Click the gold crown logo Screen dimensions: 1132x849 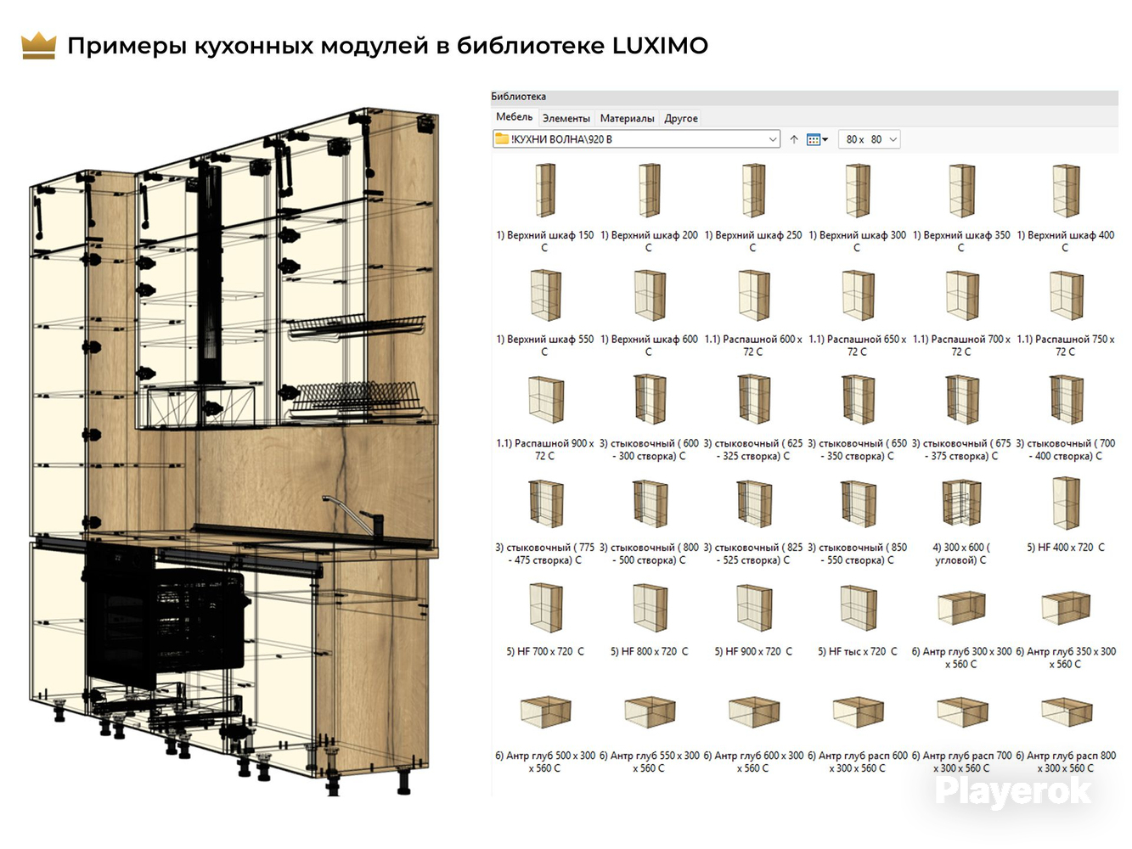(x=38, y=46)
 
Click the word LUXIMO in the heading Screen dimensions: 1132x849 (x=660, y=46)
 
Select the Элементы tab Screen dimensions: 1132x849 (x=566, y=118)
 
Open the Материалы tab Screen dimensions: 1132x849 (x=627, y=118)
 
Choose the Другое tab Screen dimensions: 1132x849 (x=681, y=118)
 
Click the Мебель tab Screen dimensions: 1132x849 (x=514, y=117)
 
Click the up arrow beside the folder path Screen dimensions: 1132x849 (x=794, y=139)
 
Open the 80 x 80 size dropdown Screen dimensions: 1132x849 (x=870, y=139)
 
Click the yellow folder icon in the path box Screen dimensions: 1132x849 (x=502, y=138)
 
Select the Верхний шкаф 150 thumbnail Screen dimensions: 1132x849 (x=545, y=189)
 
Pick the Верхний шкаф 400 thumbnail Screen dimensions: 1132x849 (x=1066, y=190)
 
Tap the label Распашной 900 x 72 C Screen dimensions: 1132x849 (x=545, y=449)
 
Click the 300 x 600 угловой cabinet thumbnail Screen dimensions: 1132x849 (x=961, y=503)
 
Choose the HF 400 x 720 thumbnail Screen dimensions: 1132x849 (x=1066, y=503)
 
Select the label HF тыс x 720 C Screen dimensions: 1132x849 (x=857, y=651)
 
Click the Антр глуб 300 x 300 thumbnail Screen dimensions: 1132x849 (x=961, y=608)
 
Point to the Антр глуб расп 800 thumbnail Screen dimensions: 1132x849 (x=1066, y=712)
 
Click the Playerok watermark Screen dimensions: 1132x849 (x=1013, y=792)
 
